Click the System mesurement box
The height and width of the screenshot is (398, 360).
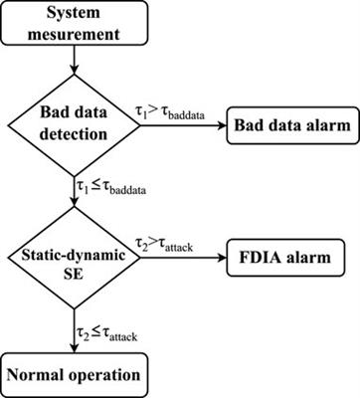[x=72, y=25]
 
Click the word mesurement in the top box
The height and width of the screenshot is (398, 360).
[x=72, y=35]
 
